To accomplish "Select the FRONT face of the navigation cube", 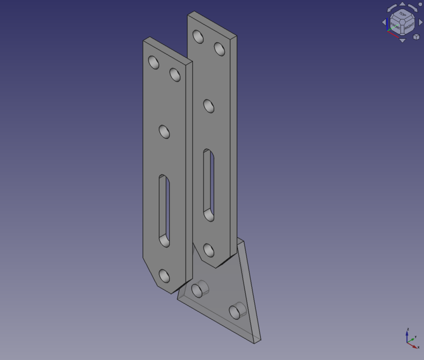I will pos(396,25).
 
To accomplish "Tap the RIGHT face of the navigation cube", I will pos(409,25).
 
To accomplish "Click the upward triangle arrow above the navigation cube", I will pos(402,4).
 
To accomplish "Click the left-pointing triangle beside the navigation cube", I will pos(385,22).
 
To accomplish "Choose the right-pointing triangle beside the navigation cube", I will pos(421,22).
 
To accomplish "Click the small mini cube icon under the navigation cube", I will pos(416,37).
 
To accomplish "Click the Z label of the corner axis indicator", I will pos(408,329).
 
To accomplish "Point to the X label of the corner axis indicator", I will pos(418,347).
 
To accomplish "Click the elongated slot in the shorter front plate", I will pos(164,210).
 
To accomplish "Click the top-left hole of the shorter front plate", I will pos(154,62).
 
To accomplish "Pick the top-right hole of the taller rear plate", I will pos(220,49).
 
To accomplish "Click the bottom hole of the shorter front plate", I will pos(164,276).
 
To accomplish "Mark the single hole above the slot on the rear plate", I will pos(209,106).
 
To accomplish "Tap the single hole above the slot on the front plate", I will pos(165,132).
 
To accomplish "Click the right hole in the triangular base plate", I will pos(237,310).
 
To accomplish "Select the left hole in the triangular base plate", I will pos(198,290).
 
